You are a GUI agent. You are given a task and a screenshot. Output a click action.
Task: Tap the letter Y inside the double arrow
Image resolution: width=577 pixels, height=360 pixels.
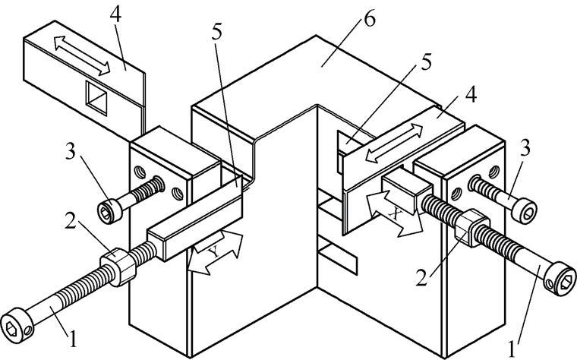pos(215,252)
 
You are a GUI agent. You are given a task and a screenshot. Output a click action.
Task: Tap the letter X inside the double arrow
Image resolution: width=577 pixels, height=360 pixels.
pos(395,213)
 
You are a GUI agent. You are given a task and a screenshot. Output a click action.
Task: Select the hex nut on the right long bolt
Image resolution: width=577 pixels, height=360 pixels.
pos(472,228)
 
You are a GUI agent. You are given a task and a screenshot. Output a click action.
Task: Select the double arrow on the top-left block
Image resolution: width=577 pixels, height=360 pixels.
pos(82,55)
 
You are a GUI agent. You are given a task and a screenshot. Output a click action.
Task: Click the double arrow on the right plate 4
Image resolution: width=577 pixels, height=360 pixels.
pos(394,144)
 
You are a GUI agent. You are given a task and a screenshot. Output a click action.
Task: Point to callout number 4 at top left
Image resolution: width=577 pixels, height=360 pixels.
pos(115,13)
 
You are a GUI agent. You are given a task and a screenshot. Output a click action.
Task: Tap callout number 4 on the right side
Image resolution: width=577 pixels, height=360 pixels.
pos(471,94)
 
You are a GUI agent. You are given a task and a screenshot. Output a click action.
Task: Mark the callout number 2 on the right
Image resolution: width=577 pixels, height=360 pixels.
pos(422,276)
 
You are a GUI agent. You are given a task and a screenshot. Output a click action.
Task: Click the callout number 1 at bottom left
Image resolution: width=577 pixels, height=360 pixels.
pos(73,338)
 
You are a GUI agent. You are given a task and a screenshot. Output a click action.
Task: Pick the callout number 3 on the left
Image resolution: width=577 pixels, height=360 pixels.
pos(71,150)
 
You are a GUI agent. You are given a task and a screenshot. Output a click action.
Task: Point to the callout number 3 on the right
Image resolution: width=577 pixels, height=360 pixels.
pos(525,148)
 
